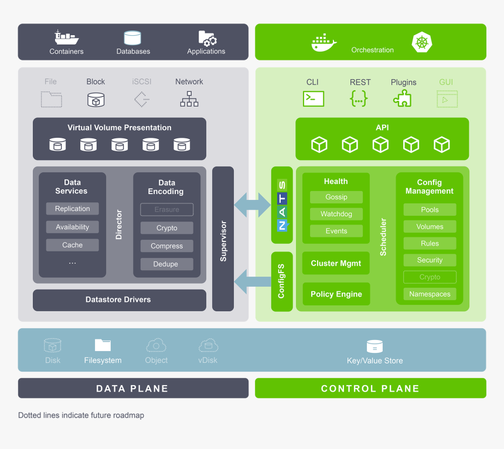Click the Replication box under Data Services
(x=73, y=209)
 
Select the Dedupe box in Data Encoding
(x=166, y=264)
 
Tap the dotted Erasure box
(x=166, y=209)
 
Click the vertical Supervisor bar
(x=223, y=239)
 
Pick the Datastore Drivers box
(x=119, y=300)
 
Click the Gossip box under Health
(x=336, y=198)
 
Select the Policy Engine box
(x=336, y=294)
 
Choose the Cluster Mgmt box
(x=336, y=264)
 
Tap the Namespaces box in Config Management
(x=430, y=294)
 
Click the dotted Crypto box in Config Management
(x=430, y=277)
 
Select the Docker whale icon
(x=323, y=43)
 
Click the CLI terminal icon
(x=314, y=99)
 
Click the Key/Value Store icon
(x=374, y=346)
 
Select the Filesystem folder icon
(x=103, y=345)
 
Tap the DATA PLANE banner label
(x=132, y=389)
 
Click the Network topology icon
(x=189, y=99)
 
